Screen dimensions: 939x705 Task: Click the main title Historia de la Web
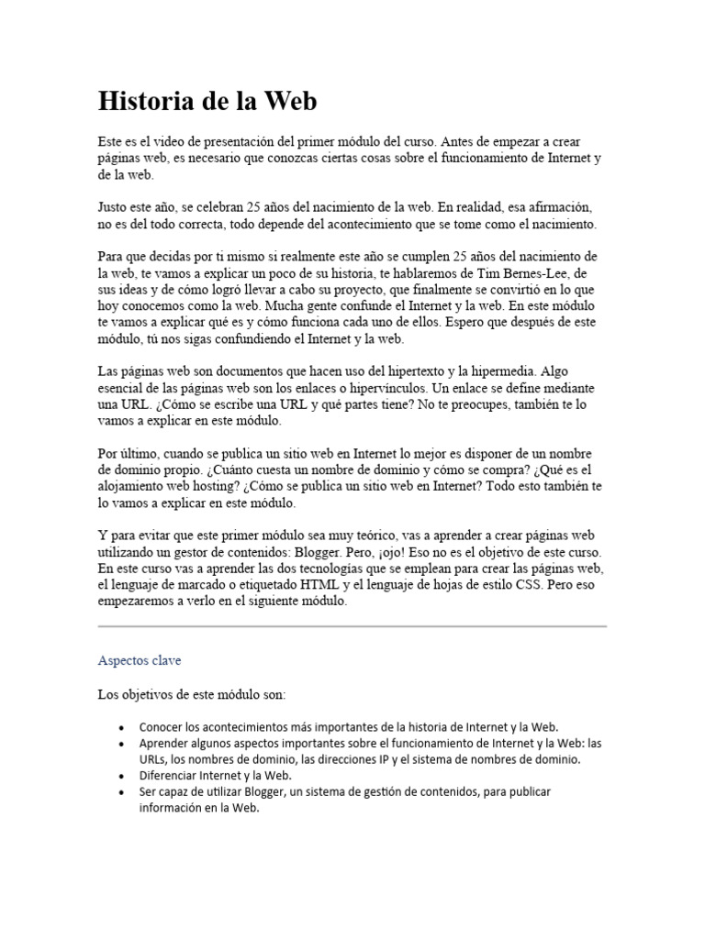207,102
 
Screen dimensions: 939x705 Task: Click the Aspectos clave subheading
142,659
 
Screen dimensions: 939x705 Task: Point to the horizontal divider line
352,626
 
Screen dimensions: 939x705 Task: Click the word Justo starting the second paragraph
115,207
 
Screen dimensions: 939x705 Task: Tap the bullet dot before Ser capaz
122,791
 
